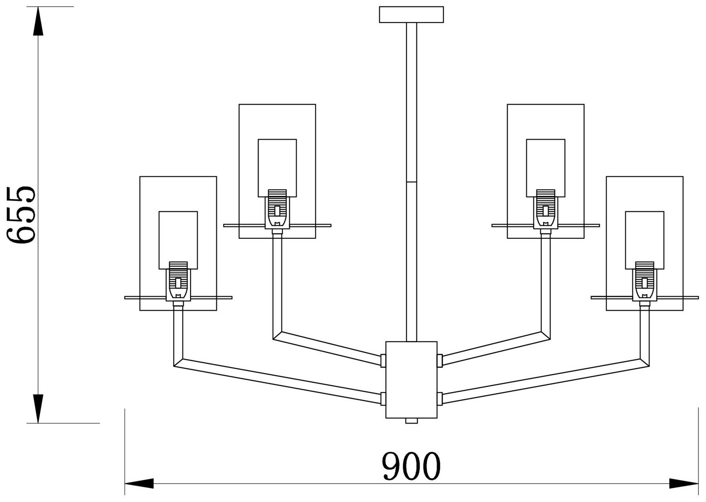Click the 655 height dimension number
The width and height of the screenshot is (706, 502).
click(x=22, y=215)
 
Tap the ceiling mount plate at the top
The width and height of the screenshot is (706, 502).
click(x=411, y=14)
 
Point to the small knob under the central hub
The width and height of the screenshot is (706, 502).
click(x=411, y=421)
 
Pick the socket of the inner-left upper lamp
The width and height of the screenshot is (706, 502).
click(x=277, y=209)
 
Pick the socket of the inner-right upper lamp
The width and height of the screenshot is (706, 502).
click(x=546, y=209)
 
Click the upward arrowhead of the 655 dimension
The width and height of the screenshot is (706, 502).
click(x=38, y=22)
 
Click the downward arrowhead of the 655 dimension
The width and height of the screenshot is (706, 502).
click(x=38, y=409)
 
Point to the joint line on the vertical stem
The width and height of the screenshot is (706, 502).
click(x=411, y=182)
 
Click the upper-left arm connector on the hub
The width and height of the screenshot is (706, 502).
click(x=383, y=360)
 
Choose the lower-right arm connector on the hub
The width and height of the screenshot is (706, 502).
click(x=439, y=398)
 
